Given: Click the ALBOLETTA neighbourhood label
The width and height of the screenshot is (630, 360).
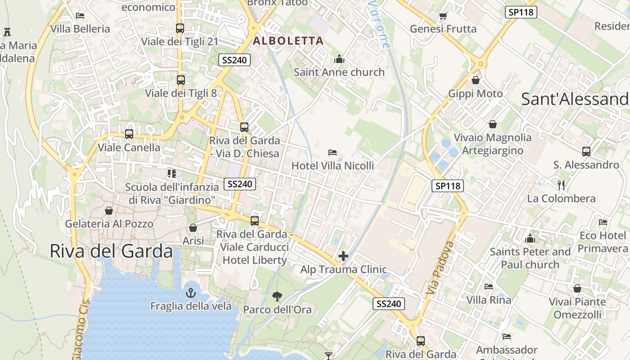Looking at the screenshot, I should point(288,41).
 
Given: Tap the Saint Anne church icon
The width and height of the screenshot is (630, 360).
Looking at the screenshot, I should point(339,59).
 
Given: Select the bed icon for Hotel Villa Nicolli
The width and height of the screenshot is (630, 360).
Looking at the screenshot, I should point(333,153).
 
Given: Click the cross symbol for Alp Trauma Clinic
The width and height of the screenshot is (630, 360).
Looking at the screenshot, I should point(343,256).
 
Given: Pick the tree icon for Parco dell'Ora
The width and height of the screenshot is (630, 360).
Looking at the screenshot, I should point(277,296).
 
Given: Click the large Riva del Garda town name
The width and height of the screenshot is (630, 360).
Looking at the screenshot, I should point(111,251).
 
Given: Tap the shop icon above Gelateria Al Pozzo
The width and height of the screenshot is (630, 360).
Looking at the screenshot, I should point(109,210).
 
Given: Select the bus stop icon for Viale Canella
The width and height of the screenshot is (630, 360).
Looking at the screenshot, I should point(129,134).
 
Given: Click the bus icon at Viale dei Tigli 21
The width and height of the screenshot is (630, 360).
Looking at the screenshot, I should point(180,28).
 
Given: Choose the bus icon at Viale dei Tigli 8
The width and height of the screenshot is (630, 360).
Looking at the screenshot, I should point(180,80).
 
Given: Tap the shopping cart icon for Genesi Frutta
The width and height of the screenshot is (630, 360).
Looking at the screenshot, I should point(443,16).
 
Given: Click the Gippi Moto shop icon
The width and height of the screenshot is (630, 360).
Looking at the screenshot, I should point(476,80).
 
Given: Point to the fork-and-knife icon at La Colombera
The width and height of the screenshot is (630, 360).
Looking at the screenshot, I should point(561,185).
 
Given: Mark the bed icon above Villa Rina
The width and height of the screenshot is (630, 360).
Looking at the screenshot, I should point(489,287).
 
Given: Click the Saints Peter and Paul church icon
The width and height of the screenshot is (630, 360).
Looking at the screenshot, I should point(530,238).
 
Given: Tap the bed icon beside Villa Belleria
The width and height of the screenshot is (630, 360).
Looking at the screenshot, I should point(80,16).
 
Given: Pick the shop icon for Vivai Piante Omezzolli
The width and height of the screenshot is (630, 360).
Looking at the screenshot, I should point(577,288).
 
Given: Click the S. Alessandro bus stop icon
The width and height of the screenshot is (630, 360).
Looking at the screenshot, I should point(586,152).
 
